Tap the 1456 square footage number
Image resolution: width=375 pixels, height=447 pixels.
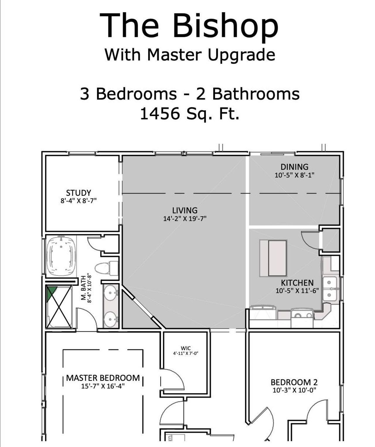[x=160, y=114]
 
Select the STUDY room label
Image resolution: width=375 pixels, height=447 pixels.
[x=79, y=193]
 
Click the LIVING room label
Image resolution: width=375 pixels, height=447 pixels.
[x=185, y=210]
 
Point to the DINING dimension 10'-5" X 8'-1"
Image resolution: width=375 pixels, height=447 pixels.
[x=294, y=175]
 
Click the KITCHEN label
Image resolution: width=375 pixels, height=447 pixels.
[x=297, y=283]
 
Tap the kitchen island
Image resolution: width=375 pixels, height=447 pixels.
[x=273, y=258]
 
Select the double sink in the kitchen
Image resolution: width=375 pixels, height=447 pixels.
[x=330, y=289]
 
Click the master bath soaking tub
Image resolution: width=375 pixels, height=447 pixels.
[x=62, y=256]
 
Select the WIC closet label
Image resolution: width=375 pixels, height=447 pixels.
[x=186, y=349]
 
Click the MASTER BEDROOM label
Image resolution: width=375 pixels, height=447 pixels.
[x=103, y=378]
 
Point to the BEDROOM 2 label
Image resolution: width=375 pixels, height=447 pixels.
[x=294, y=382]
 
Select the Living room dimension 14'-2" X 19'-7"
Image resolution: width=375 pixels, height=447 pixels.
[x=185, y=219]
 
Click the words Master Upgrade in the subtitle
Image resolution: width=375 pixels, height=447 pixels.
[x=211, y=55]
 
